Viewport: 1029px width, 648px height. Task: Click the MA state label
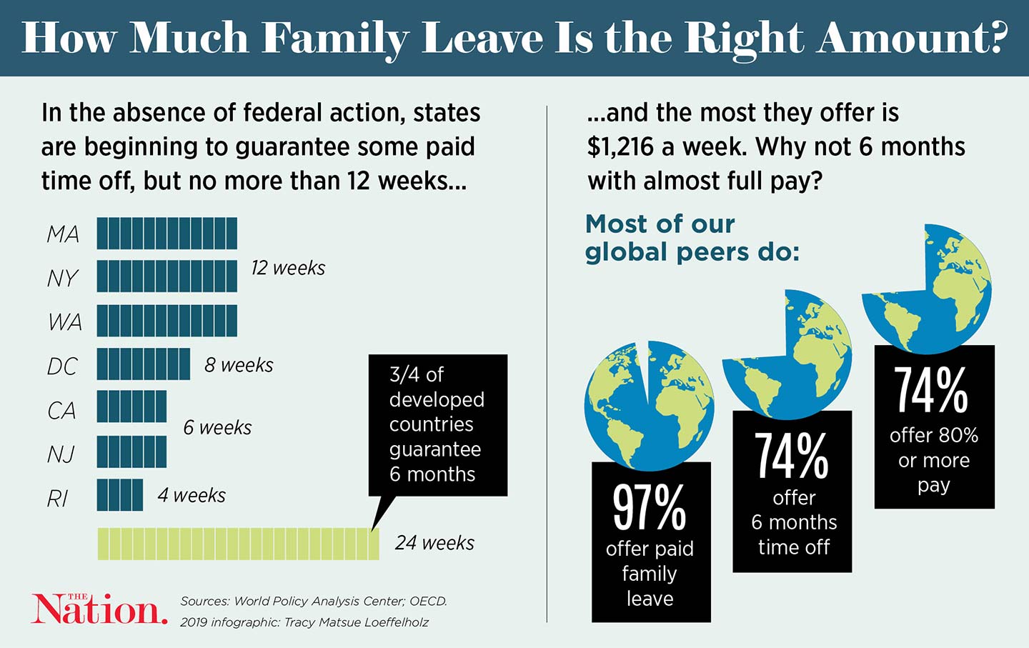[x=63, y=234]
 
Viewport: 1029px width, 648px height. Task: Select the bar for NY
[x=166, y=276]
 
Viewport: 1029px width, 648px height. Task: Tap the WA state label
[x=64, y=322]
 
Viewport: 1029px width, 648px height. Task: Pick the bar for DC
[x=143, y=364]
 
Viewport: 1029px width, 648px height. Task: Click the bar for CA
[x=131, y=407]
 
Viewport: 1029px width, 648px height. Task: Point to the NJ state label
[x=61, y=454]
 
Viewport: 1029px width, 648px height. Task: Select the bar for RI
[x=119, y=495]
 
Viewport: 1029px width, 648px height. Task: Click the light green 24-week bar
[x=238, y=544]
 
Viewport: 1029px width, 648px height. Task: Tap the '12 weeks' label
[x=288, y=268]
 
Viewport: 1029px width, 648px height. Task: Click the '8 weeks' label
[x=239, y=365]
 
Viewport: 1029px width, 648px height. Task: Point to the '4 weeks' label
[x=192, y=495]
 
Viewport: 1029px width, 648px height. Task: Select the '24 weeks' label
[x=434, y=543]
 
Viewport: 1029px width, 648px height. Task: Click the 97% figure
[x=650, y=507]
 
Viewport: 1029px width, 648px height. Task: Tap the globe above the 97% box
[x=649, y=405]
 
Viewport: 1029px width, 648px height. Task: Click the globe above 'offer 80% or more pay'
[x=927, y=289]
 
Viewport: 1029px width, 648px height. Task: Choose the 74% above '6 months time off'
[x=792, y=456]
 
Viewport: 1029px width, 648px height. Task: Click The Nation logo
[x=99, y=609]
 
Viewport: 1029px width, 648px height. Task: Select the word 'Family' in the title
[x=335, y=39]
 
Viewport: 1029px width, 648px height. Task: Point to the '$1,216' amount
[x=620, y=147]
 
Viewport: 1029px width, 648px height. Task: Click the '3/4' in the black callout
[x=405, y=374]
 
